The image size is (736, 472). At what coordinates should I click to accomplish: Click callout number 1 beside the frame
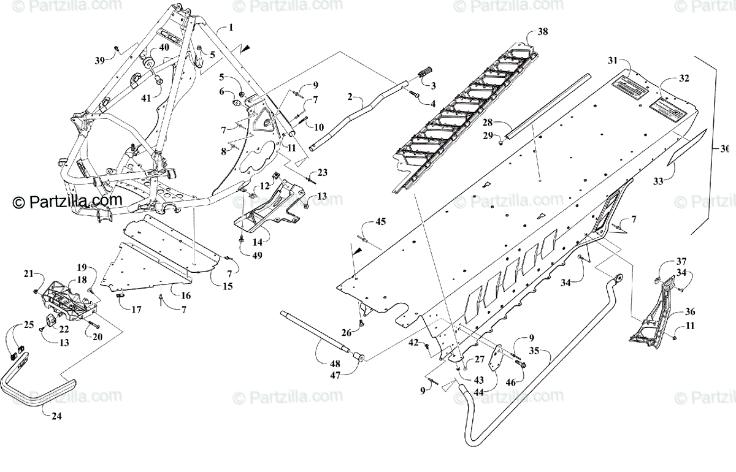231,27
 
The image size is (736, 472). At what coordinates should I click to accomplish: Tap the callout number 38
543,31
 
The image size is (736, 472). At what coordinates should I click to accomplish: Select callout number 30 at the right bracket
726,148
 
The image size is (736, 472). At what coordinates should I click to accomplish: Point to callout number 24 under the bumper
56,416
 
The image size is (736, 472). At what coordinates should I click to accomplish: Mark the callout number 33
657,181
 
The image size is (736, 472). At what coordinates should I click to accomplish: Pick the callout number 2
350,97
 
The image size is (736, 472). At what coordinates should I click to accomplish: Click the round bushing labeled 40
149,64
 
